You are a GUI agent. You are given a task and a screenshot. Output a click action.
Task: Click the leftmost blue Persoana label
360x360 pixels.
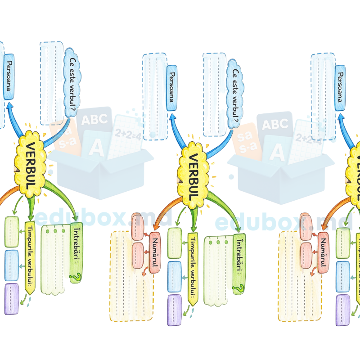(x=9, y=76)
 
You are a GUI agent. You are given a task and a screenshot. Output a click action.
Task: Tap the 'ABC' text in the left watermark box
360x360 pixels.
(x=94, y=119)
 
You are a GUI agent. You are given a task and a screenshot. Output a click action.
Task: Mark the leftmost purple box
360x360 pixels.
(x=12, y=299)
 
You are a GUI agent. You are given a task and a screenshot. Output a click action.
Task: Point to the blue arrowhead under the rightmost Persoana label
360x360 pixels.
(x=340, y=118)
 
